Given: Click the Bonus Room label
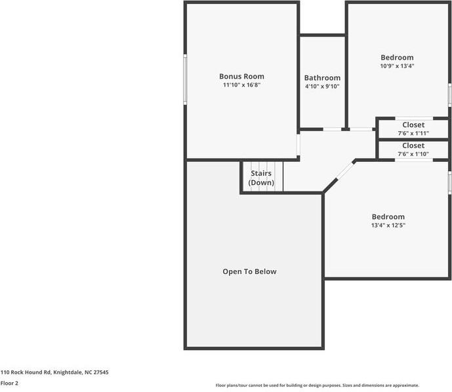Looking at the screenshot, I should click(x=241, y=76).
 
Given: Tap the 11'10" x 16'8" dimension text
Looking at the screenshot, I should click(x=241, y=85).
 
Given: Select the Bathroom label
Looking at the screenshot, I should click(x=322, y=77).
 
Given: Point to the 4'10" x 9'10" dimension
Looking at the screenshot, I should click(x=322, y=87).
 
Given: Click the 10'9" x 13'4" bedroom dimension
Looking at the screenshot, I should click(x=397, y=66).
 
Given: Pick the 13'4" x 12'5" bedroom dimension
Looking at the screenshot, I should click(x=388, y=225).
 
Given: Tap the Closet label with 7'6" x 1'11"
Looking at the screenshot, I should click(x=413, y=125).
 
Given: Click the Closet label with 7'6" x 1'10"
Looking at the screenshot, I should click(x=413, y=146).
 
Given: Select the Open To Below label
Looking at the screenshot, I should click(x=249, y=271).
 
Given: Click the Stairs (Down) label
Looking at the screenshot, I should click(x=261, y=178).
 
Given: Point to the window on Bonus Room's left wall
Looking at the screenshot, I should click(x=186, y=79).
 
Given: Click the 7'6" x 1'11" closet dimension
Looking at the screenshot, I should click(x=413, y=133).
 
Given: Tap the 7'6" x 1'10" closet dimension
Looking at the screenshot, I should click(x=413, y=154).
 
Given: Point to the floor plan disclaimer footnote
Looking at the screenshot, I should click(x=317, y=385).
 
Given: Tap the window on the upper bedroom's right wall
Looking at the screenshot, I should click(x=450, y=94).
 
